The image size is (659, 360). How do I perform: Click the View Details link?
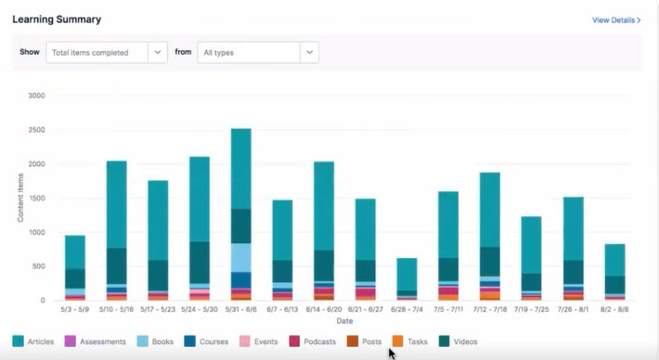[616, 19]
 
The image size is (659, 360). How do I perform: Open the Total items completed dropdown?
[106, 52]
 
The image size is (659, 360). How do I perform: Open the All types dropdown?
[257, 52]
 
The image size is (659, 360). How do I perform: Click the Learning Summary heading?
[57, 19]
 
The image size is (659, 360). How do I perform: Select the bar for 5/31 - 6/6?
[240, 213]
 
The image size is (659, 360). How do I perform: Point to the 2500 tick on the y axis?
[37, 130]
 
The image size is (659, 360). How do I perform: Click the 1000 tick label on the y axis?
[37, 233]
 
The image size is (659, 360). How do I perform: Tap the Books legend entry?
[159, 341]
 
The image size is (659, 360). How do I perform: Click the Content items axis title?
[20, 198]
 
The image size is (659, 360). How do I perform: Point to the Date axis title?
[344, 320]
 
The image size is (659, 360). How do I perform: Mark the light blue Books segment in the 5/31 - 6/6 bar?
[240, 257]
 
